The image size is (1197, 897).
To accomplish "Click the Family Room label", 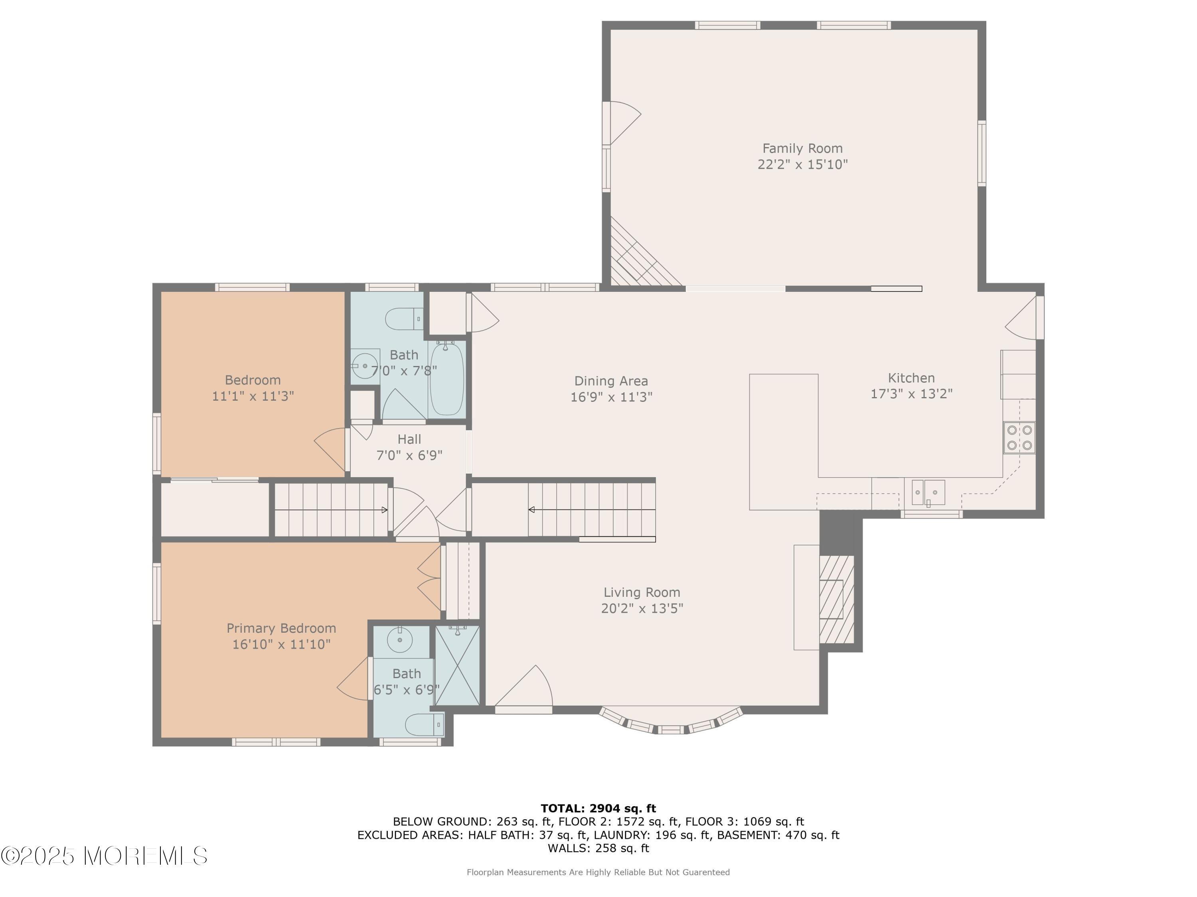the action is pyautogui.click(x=802, y=148).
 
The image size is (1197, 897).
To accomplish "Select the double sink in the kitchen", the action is pyautogui.click(x=928, y=493).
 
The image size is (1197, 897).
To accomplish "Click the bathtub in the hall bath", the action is pyautogui.click(x=446, y=379).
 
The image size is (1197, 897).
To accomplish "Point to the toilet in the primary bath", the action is pyautogui.click(x=425, y=724).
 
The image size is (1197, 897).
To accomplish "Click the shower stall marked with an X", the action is pyautogui.click(x=457, y=666).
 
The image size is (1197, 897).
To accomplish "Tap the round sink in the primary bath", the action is pyautogui.click(x=400, y=640).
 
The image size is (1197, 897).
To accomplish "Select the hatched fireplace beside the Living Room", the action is pyautogui.click(x=837, y=599).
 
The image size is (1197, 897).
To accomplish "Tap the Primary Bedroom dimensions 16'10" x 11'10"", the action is pyautogui.click(x=281, y=644).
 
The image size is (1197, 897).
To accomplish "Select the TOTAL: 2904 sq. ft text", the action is pyautogui.click(x=598, y=808).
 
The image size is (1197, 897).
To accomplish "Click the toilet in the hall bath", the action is pyautogui.click(x=404, y=319).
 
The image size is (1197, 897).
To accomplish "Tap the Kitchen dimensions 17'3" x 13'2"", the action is pyautogui.click(x=911, y=393).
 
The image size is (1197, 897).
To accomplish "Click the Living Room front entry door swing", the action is pyautogui.click(x=524, y=686).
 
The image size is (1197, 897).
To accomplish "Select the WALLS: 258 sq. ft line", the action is pyautogui.click(x=598, y=848).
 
